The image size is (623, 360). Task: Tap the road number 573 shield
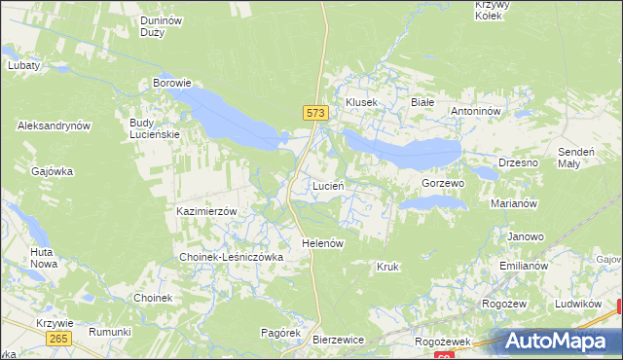pyautogui.click(x=313, y=113)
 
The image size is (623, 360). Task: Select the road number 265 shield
pyautogui.click(x=57, y=337)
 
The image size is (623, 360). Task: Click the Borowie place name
pyautogui.click(x=171, y=84)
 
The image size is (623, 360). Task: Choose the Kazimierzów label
pyautogui.click(x=207, y=211)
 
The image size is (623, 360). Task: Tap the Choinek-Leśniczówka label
pyautogui.click(x=231, y=257)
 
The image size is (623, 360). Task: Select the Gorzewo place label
pyautogui.click(x=443, y=183)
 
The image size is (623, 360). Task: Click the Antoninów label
pyautogui.click(x=475, y=111)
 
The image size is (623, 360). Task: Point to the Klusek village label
pyautogui.click(x=361, y=102)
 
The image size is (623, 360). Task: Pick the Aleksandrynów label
pyautogui.click(x=54, y=126)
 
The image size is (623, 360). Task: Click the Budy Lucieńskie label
pyautogui.click(x=155, y=128)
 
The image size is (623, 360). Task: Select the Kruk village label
pyautogui.click(x=387, y=266)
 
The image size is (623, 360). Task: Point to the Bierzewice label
pyautogui.click(x=338, y=340)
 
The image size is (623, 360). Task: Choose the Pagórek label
pyautogui.click(x=279, y=333)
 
